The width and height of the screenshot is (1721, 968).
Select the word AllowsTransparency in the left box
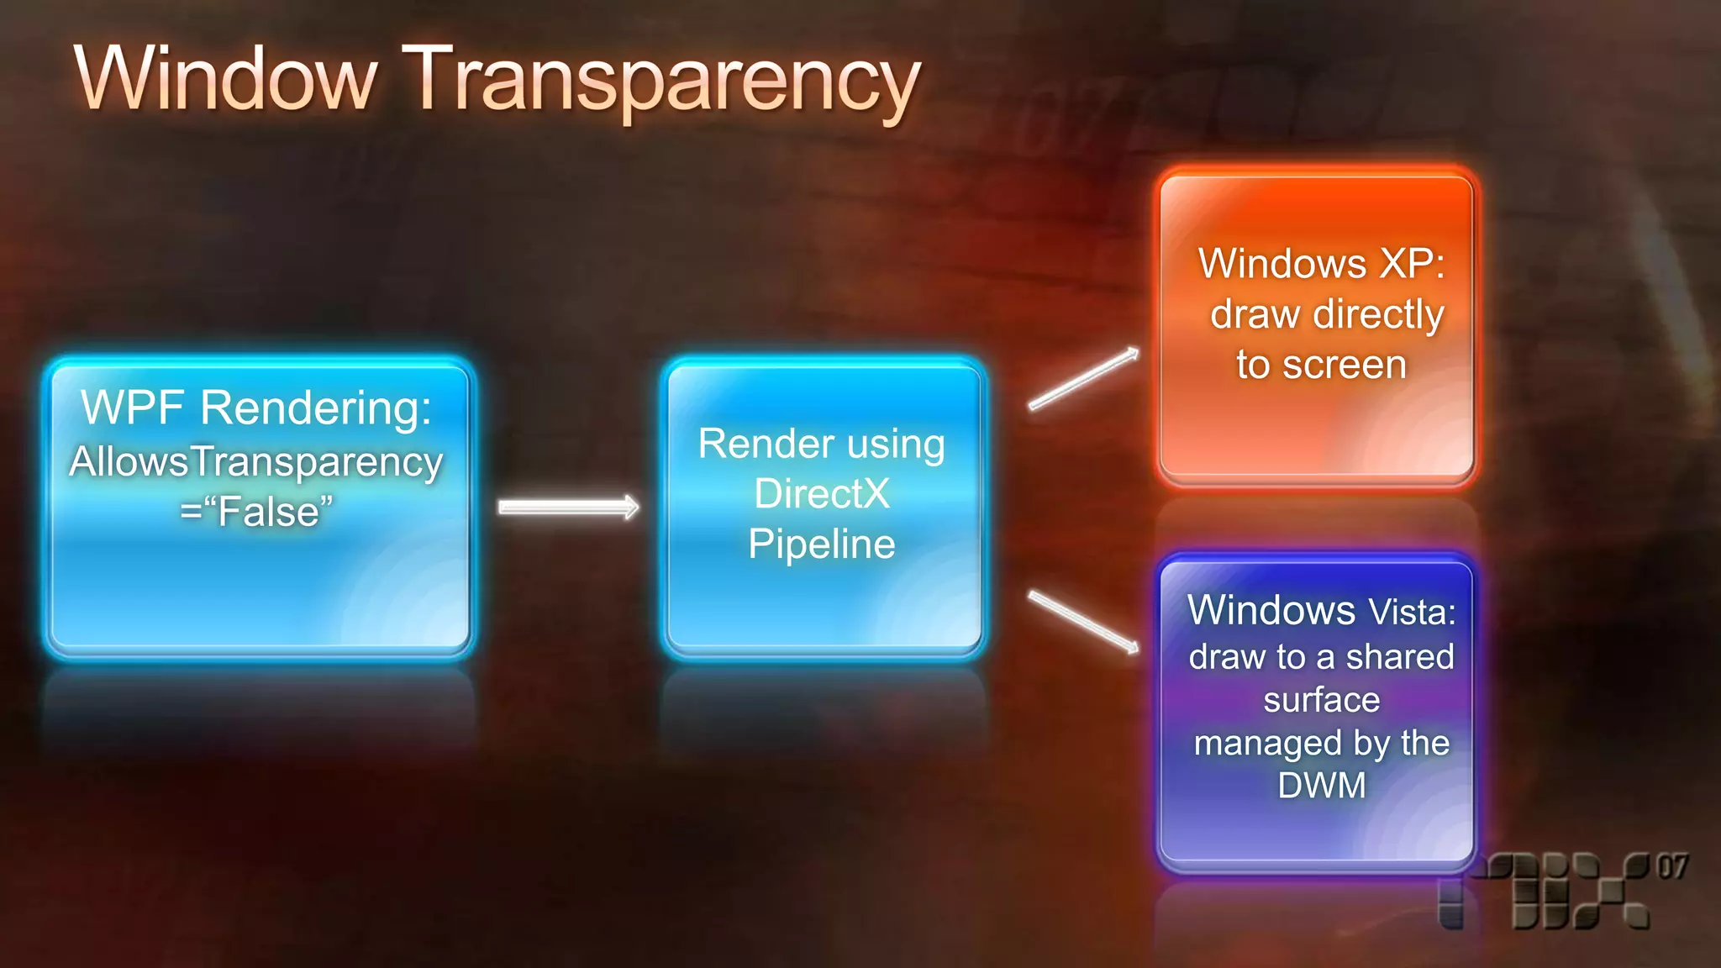coord(256,462)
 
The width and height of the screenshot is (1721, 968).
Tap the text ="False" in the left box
coord(256,512)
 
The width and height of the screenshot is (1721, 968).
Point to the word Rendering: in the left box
coord(316,408)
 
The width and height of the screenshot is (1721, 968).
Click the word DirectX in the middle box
coord(821,493)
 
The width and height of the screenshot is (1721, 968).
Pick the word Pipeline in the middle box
coord(821,544)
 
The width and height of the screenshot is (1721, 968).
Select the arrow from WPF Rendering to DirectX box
coord(569,507)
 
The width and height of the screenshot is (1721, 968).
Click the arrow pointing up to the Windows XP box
coord(1084,379)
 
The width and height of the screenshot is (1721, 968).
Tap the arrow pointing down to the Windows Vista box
coord(1084,622)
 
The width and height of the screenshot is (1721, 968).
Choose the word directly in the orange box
coord(1379,315)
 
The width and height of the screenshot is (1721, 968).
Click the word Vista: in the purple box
coord(1413,612)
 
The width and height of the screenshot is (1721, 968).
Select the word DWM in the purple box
coord(1322,786)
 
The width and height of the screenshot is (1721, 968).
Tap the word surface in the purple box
coord(1322,700)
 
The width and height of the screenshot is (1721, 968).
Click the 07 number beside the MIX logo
coord(1672,866)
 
